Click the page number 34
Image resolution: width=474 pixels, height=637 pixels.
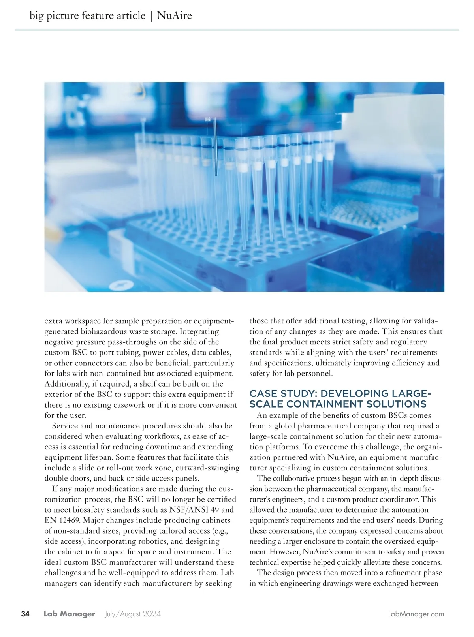[x=25, y=614]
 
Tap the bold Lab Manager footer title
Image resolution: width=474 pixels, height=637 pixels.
[x=70, y=614]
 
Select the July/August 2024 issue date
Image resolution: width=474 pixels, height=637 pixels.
[x=133, y=614]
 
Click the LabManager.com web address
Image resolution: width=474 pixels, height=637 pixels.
[x=416, y=614]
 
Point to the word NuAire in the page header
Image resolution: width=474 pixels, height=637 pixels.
[x=174, y=16]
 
